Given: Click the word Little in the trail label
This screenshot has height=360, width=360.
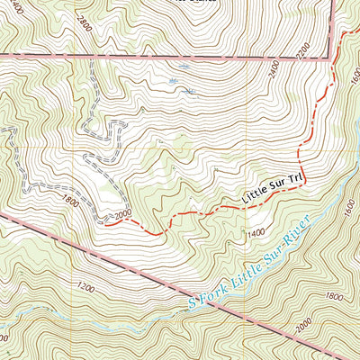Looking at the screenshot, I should pyautogui.click(x=254, y=192).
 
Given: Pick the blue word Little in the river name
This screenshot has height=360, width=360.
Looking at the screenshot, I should pyautogui.click(x=246, y=265).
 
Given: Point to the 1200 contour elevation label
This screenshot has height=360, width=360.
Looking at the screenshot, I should pyautogui.click(x=85, y=288).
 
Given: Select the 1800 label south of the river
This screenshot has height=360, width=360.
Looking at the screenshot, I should pyautogui.click(x=333, y=296).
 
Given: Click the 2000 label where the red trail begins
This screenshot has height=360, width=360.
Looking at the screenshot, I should pyautogui.click(x=122, y=215).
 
